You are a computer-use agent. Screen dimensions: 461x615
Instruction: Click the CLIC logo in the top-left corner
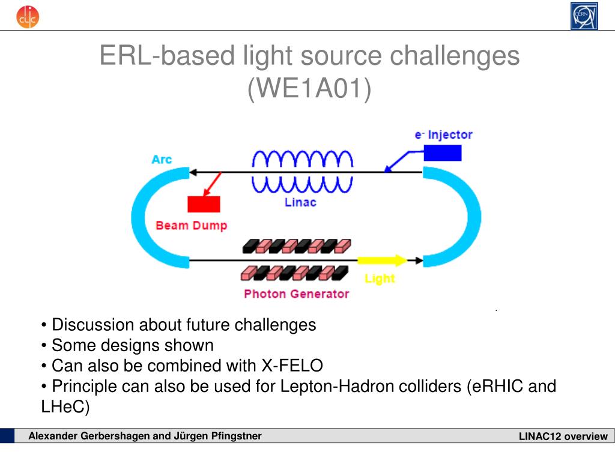[x=28, y=16]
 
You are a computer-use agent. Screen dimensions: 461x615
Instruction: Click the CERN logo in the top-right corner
[x=584, y=16]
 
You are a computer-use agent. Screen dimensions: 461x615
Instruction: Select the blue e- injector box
[x=443, y=152]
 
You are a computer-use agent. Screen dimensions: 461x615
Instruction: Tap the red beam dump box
[x=204, y=204]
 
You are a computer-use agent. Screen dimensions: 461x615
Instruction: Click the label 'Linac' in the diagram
[x=300, y=202]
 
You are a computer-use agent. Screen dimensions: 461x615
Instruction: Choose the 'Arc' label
[x=162, y=160]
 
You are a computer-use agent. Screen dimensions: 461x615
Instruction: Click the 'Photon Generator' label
[x=296, y=294]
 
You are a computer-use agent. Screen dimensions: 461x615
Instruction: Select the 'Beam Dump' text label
[x=191, y=226]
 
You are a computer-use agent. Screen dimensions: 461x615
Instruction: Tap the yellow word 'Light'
[x=380, y=279]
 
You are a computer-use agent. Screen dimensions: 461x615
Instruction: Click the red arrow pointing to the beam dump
[x=213, y=184]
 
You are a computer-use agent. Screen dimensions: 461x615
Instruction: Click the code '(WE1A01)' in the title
[x=309, y=89]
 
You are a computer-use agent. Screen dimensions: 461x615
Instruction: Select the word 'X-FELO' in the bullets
[x=292, y=366]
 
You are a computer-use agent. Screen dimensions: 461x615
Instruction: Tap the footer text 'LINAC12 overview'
[x=563, y=436]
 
